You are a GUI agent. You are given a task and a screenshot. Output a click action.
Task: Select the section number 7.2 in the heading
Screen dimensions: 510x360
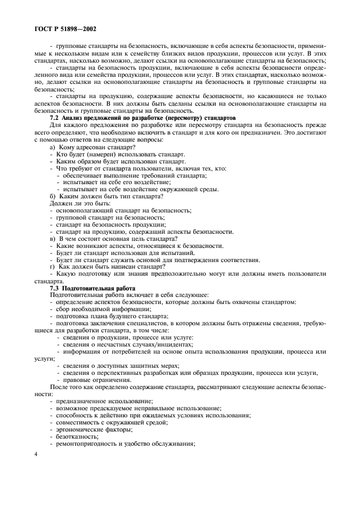coord(54,118)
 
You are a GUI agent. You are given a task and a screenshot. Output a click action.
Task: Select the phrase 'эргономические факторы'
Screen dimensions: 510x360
coord(93,429)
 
